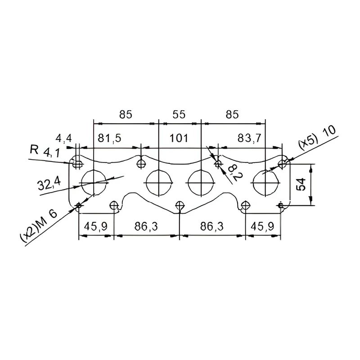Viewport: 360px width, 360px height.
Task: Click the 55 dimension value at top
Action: pyautogui.click(x=179, y=114)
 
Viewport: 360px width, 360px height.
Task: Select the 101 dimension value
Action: pyautogui.click(x=179, y=138)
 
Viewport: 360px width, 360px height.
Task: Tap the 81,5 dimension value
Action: pyautogui.click(x=109, y=139)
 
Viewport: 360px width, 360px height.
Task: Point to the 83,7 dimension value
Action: pyautogui.click(x=249, y=138)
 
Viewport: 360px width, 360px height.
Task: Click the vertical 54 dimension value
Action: pyautogui.click(x=301, y=184)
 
